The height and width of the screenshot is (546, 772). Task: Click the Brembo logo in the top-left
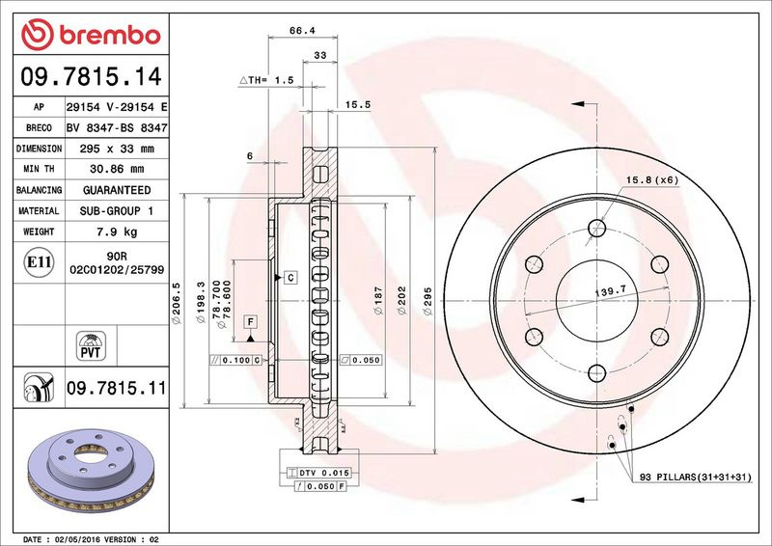(x=91, y=35)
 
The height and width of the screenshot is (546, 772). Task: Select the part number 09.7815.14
(x=91, y=77)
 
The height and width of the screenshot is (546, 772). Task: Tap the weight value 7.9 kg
(x=117, y=232)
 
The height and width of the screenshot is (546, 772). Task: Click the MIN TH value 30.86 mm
(x=117, y=169)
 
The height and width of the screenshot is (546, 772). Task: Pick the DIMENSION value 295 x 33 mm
(x=117, y=149)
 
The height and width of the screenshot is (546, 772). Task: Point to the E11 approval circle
(x=39, y=262)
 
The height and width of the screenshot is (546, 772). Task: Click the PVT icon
(x=91, y=345)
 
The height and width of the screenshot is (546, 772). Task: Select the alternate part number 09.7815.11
(x=117, y=388)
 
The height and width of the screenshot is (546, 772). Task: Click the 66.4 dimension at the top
(x=302, y=31)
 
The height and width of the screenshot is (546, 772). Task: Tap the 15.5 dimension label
(x=358, y=104)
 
